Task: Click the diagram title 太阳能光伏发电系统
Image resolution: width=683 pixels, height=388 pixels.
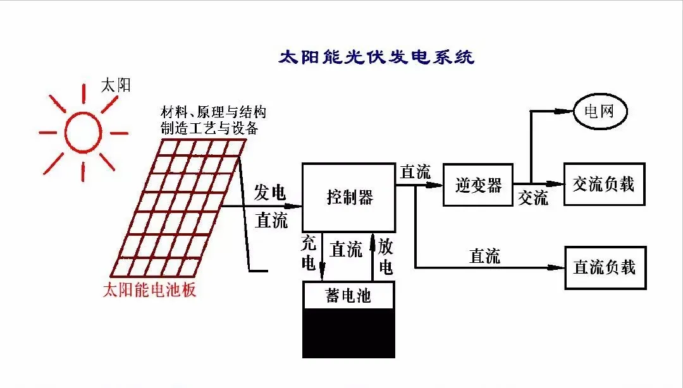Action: pyautogui.click(x=376, y=58)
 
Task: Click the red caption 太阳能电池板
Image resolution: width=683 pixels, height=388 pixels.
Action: pyautogui.click(x=149, y=291)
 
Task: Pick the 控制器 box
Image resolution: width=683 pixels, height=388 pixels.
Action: pyautogui.click(x=349, y=197)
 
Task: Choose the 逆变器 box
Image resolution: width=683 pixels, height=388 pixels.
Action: pyautogui.click(x=477, y=185)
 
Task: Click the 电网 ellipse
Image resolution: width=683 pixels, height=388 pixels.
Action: pyautogui.click(x=600, y=112)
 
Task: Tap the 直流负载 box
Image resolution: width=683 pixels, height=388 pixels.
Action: pyautogui.click(x=604, y=267)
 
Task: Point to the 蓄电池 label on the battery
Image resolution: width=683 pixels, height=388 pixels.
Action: pyautogui.click(x=348, y=295)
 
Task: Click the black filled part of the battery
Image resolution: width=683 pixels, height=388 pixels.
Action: pyautogui.click(x=348, y=333)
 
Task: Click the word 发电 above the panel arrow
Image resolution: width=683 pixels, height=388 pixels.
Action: pyautogui.click(x=270, y=193)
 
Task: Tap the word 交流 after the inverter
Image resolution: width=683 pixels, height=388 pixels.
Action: pyautogui.click(x=532, y=198)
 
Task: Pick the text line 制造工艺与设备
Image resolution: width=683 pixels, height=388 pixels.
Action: pyautogui.click(x=209, y=128)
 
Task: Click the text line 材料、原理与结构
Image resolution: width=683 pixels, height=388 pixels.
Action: pyautogui.click(x=213, y=113)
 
